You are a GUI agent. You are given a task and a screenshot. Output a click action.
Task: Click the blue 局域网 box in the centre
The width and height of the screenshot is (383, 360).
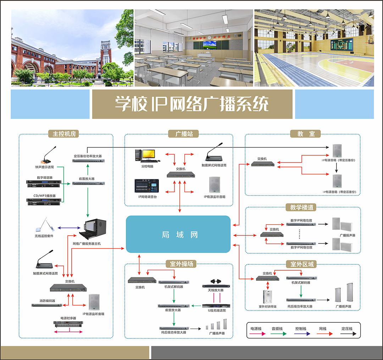click(178, 234)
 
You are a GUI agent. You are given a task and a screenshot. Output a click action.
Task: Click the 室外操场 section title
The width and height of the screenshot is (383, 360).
click(181, 264)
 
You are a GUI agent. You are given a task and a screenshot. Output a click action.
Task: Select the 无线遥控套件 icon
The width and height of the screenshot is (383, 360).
click(45, 225)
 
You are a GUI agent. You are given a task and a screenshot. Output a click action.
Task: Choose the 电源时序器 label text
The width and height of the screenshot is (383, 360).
click(68, 318)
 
